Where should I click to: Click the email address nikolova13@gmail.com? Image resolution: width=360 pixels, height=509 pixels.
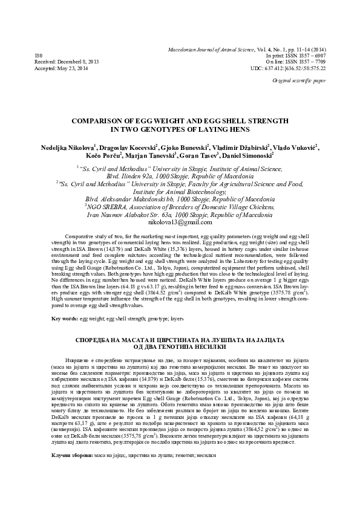(x=180, y=222)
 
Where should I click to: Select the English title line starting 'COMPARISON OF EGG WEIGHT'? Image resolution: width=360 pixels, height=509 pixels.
(x=180, y=121)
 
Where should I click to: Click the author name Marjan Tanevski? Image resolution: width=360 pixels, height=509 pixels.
(x=167, y=155)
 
